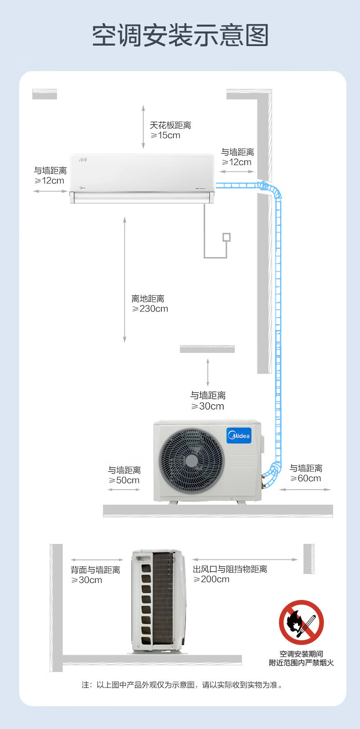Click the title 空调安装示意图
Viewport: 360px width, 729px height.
click(180, 35)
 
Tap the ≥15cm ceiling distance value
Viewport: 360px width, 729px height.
click(165, 135)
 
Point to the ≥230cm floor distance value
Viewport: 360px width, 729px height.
click(150, 309)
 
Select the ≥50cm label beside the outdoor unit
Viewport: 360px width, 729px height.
click(124, 481)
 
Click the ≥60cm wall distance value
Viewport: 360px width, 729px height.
click(305, 478)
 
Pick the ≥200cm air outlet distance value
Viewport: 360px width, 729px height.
click(211, 579)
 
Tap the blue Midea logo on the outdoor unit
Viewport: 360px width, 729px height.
click(239, 435)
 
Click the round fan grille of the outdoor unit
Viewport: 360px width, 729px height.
click(191, 460)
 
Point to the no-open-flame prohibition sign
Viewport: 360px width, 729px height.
click(302, 622)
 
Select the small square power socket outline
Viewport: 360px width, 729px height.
click(226, 237)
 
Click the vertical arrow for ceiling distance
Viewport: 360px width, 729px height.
click(143, 127)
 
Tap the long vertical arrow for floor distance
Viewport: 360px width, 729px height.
click(124, 279)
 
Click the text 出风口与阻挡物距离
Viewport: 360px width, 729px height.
click(230, 569)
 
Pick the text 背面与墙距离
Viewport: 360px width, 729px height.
click(96, 570)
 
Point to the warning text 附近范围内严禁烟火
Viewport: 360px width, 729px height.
click(302, 663)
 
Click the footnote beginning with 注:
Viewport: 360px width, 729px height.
click(182, 685)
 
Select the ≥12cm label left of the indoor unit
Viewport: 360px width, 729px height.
click(49, 181)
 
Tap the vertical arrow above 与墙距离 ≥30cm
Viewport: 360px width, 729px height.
click(208, 372)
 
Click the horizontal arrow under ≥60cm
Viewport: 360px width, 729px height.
click(305, 490)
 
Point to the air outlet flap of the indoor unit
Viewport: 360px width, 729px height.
click(142, 197)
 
